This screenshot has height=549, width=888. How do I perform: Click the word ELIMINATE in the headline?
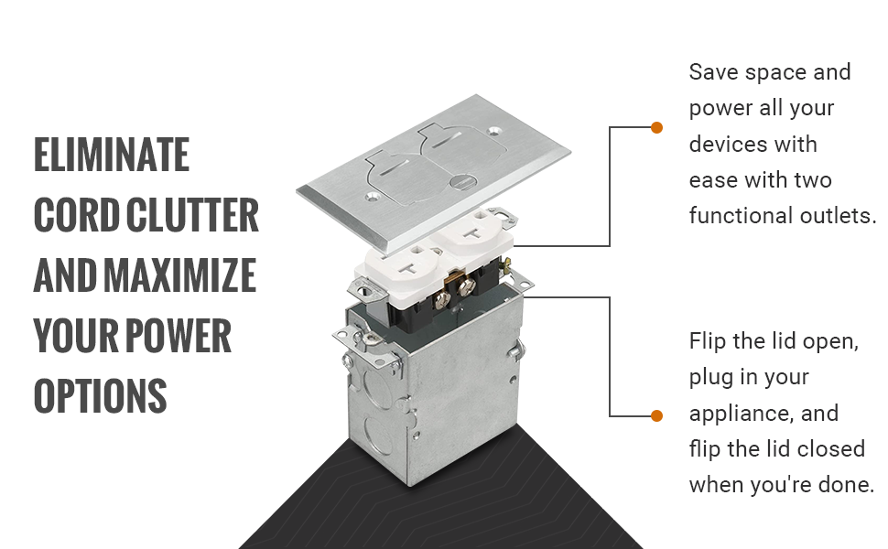point(112,155)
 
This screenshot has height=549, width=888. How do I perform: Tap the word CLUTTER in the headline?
point(192,215)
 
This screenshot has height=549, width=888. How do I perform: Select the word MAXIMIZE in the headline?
point(180,275)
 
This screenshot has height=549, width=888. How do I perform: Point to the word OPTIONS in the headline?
point(100,395)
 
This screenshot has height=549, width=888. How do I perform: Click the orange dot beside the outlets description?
point(657,127)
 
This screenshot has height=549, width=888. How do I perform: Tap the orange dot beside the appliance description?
point(657,416)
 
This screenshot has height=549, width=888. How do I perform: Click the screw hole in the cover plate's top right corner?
point(497,130)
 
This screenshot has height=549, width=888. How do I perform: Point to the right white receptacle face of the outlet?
point(471,232)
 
